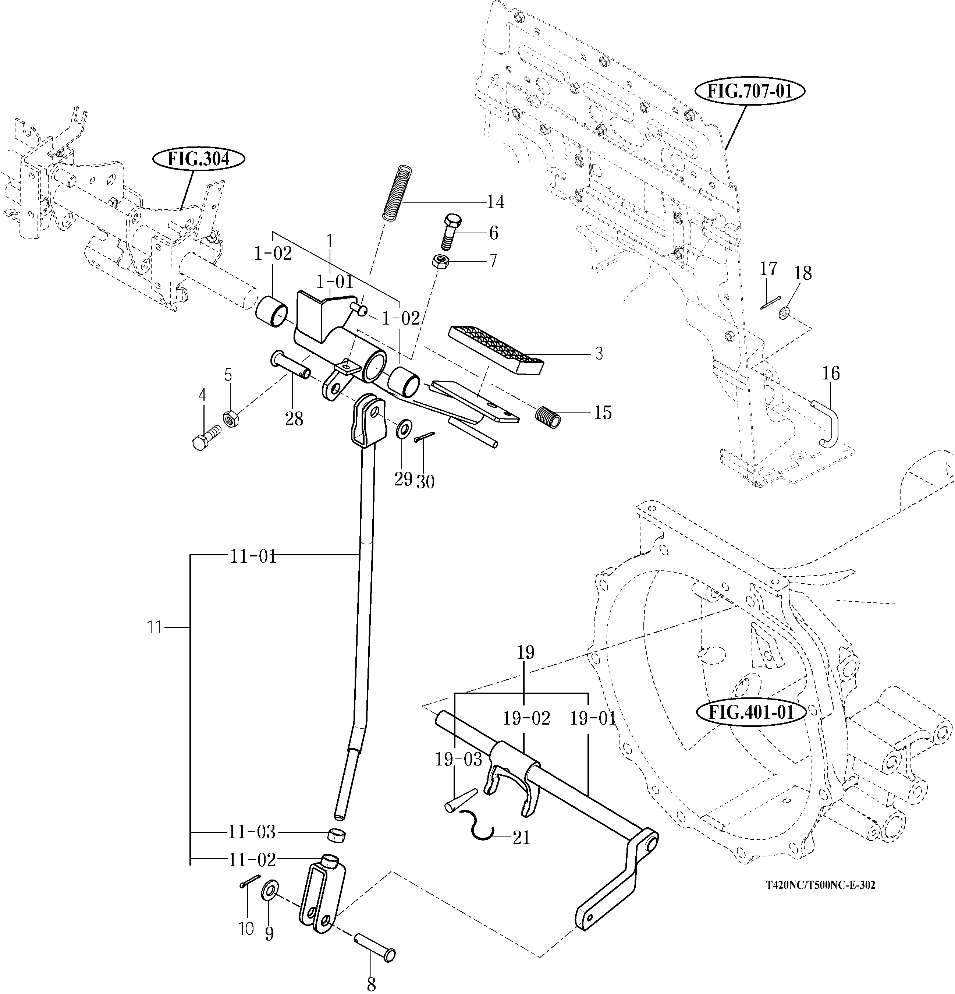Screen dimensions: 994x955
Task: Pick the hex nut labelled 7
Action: (x=439, y=262)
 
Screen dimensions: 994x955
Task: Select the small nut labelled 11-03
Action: (x=337, y=833)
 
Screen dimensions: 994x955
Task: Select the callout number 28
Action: (x=294, y=419)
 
